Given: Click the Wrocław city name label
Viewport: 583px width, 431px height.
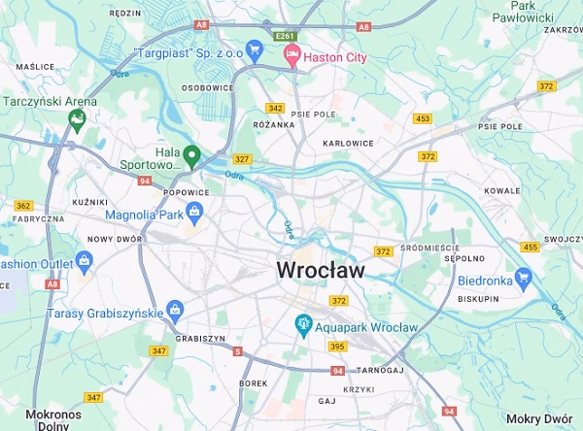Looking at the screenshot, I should [321, 270].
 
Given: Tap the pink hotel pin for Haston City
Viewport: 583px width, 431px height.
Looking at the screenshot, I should [291, 58].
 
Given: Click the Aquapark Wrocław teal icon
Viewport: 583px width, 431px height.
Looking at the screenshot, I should [304, 326].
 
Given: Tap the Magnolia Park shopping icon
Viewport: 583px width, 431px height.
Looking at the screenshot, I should [195, 213].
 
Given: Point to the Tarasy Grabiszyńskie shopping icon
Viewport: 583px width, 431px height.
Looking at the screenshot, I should [175, 313].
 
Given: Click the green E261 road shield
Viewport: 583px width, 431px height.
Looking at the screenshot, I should [284, 36].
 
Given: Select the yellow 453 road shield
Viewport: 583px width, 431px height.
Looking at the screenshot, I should [422, 118].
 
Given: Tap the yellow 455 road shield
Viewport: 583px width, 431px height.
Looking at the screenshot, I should [530, 247].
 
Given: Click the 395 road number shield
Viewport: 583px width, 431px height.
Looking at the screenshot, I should [337, 347].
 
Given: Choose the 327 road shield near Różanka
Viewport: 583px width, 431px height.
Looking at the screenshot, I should [242, 159].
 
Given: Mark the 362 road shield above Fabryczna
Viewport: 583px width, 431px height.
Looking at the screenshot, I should [23, 206].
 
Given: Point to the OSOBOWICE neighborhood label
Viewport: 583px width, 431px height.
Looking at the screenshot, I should [208, 87].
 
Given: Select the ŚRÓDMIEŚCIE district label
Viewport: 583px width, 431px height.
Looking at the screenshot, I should [428, 246].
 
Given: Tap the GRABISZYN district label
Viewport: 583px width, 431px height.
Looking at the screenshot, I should [201, 338].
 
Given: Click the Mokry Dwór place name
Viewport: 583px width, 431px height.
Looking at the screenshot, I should [539, 418].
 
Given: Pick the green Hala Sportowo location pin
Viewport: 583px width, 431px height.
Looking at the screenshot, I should [192, 155].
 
